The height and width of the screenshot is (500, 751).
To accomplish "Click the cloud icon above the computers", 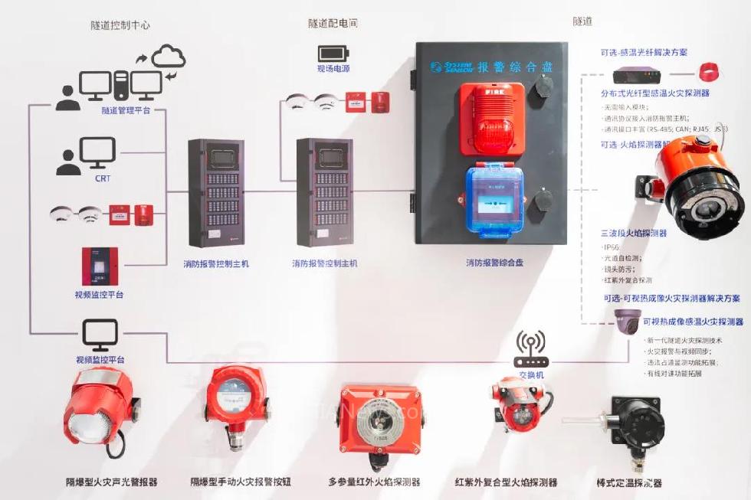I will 169,56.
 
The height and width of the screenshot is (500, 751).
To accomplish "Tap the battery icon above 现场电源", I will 333,53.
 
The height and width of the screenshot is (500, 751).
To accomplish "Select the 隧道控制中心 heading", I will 120,25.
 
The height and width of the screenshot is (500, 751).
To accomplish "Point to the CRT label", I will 103,178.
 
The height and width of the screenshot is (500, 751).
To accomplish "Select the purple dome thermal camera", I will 627,322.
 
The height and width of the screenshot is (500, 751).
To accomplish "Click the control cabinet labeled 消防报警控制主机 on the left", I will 217,192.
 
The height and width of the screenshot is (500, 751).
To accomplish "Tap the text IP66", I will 611,247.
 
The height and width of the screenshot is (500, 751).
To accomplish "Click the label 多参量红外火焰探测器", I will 375,482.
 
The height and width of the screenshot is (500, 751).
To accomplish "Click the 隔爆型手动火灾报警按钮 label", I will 241,482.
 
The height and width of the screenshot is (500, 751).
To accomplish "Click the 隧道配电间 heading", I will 333,24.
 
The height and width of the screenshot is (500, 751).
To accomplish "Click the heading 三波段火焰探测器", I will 634,233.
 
